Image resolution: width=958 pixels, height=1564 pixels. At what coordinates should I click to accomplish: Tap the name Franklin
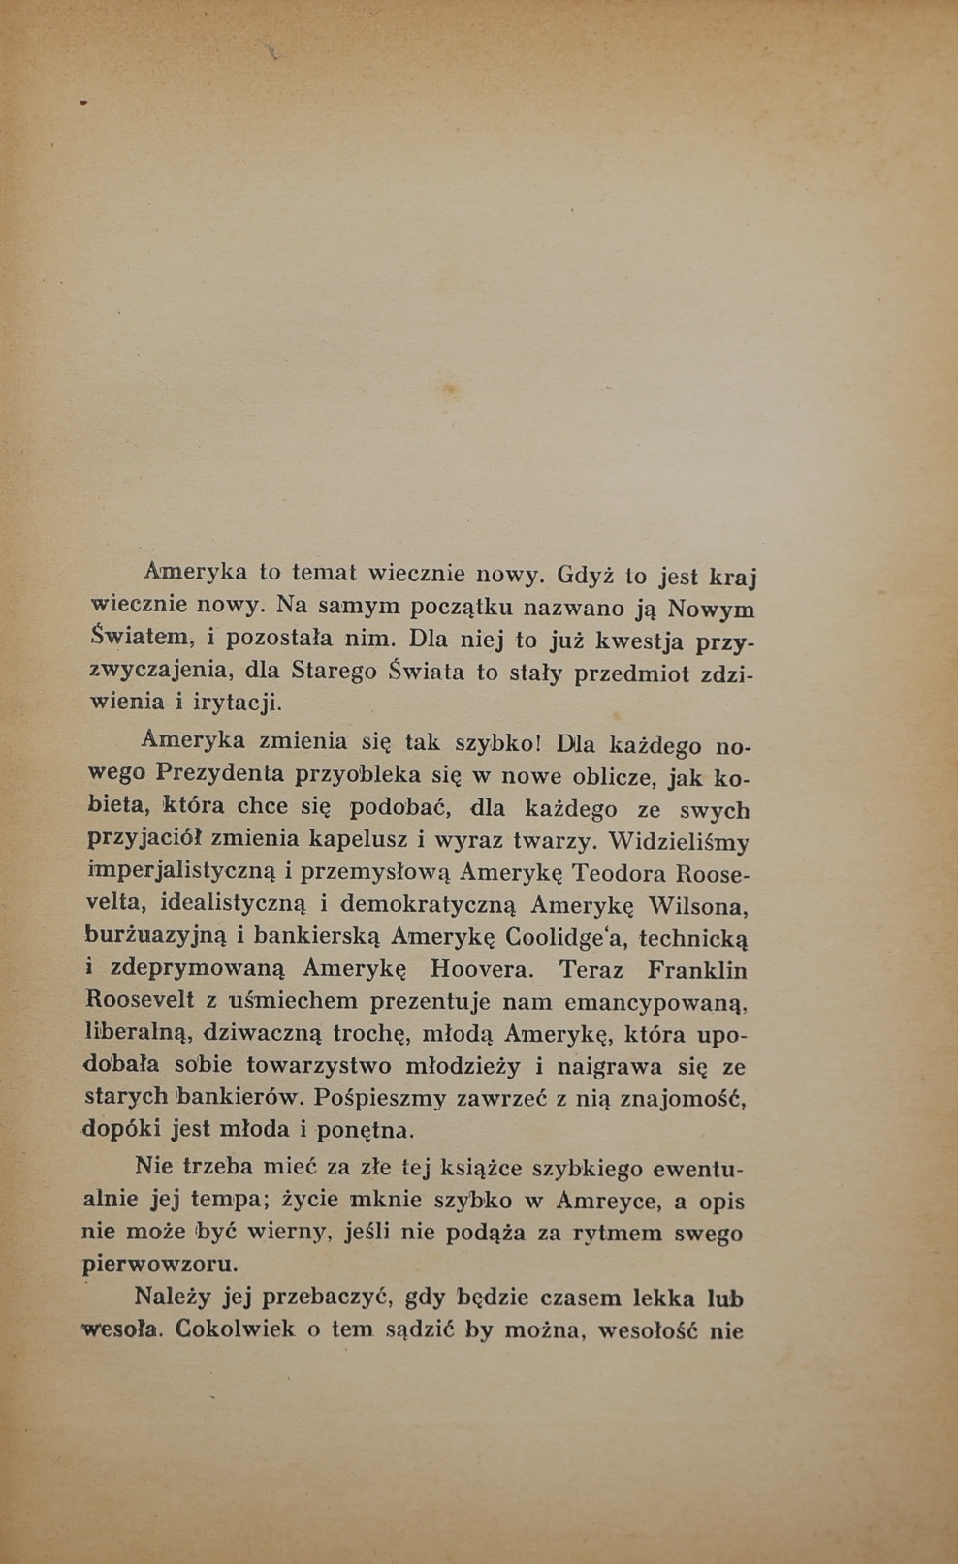click(697, 970)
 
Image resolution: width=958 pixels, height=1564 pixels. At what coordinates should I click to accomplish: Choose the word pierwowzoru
click(160, 1265)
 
